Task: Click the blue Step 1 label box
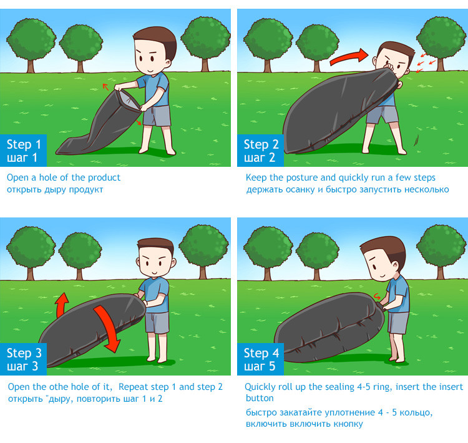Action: pyautogui.click(x=23, y=151)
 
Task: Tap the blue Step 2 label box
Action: pyautogui.click(x=260, y=151)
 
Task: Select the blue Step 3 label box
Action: pyautogui.click(x=23, y=359)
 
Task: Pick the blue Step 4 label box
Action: pyautogui.click(x=260, y=359)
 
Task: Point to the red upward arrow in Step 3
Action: pyautogui.click(x=62, y=306)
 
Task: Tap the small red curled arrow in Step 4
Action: pyautogui.click(x=377, y=296)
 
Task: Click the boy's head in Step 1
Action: pyautogui.click(x=155, y=51)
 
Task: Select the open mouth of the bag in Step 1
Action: pyautogui.click(x=129, y=100)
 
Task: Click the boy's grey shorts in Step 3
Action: pyautogui.click(x=157, y=323)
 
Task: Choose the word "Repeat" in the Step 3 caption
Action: pyautogui.click(x=132, y=387)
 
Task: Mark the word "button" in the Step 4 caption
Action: pyautogui.click(x=260, y=398)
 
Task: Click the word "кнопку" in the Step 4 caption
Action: pyautogui.click(x=348, y=424)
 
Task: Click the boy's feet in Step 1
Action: pyautogui.click(x=157, y=151)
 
